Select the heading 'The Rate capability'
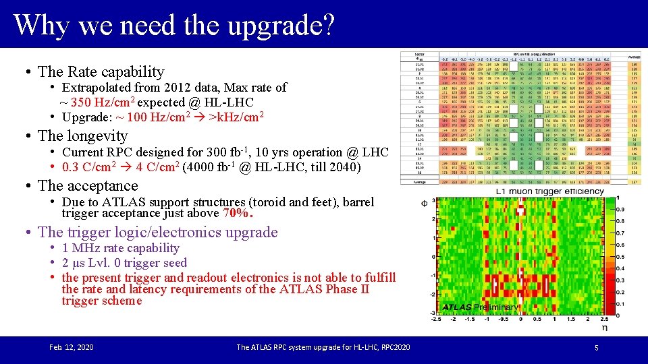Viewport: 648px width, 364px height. point(101,71)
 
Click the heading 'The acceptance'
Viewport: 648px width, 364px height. point(88,185)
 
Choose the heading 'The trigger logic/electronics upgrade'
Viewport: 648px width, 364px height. point(158,232)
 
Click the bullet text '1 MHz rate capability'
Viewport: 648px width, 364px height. point(120,248)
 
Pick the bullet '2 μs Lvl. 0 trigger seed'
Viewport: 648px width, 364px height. point(124,263)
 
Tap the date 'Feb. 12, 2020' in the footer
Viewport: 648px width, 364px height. point(72,347)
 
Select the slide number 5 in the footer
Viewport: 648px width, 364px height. point(596,347)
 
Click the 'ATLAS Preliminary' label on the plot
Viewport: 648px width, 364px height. point(481,307)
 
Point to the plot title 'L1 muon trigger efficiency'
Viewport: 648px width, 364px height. point(549,191)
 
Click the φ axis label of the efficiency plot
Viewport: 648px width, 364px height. point(424,202)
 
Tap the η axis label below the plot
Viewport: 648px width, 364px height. point(605,328)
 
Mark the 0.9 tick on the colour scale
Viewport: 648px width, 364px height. point(629,210)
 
